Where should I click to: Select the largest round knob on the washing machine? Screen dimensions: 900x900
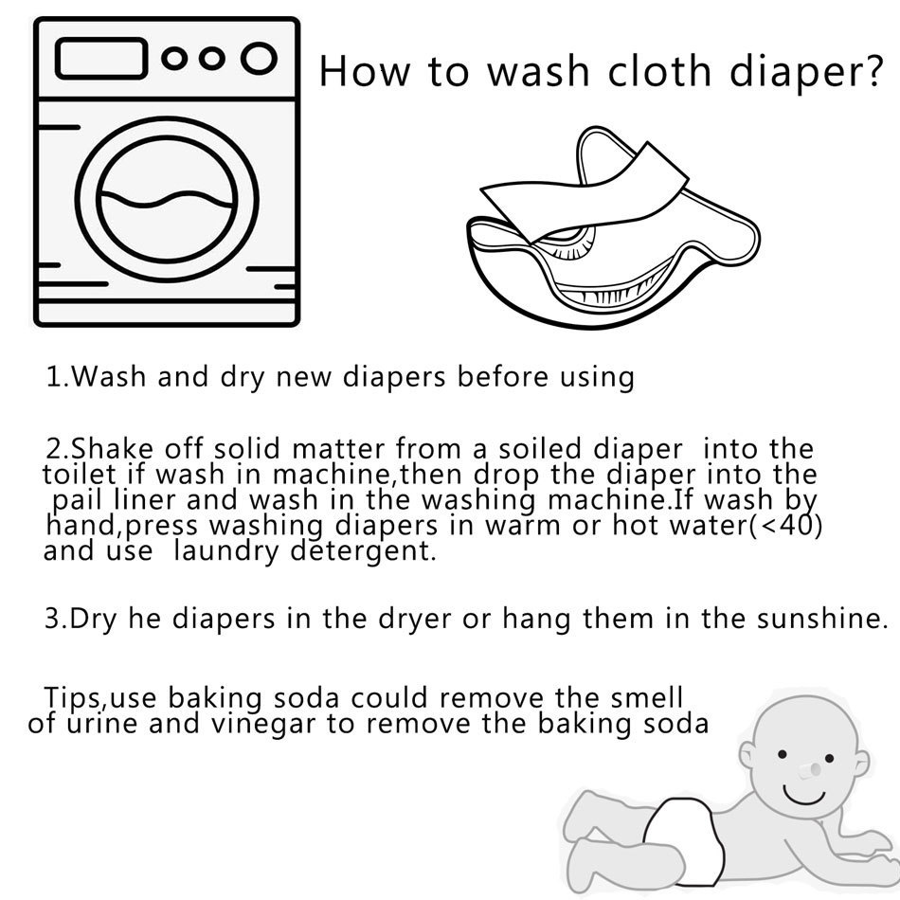click(x=258, y=58)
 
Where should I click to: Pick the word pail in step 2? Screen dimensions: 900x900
click(x=80, y=499)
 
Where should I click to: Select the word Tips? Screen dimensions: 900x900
click(x=72, y=699)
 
